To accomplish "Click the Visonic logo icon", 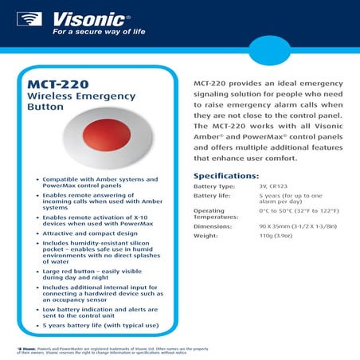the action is pyautogui.click(x=32, y=19).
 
